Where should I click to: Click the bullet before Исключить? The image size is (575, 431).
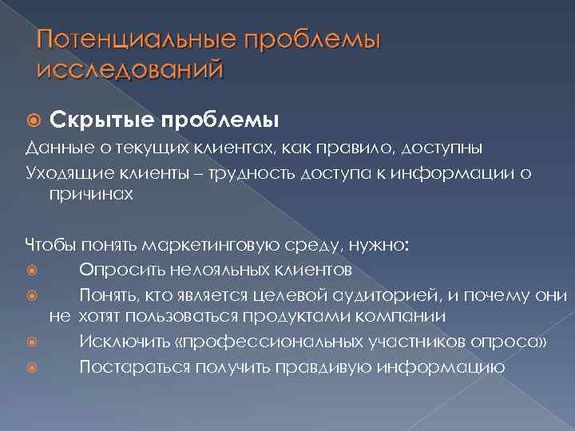pyautogui.click(x=33, y=343)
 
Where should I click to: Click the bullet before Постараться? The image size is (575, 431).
pyautogui.click(x=33, y=368)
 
